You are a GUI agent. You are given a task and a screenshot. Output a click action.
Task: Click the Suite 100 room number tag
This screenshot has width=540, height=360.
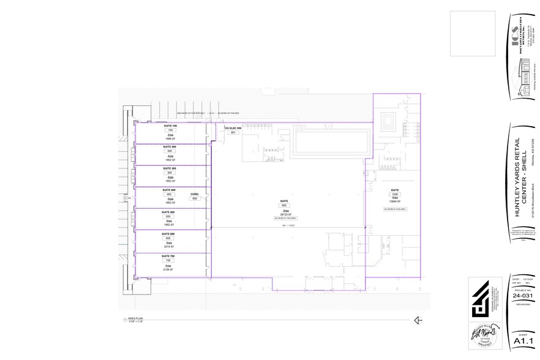click(x=171, y=130)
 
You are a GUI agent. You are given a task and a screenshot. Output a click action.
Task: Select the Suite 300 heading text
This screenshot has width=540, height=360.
click(x=170, y=168)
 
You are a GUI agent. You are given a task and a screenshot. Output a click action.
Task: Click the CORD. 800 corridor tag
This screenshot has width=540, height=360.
click(x=195, y=198)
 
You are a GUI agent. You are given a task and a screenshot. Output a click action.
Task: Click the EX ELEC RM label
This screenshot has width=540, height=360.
click(x=233, y=128)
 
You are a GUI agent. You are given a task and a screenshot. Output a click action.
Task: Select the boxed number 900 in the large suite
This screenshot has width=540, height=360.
click(x=284, y=204)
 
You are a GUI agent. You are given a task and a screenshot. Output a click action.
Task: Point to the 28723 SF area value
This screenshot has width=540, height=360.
click(x=284, y=213)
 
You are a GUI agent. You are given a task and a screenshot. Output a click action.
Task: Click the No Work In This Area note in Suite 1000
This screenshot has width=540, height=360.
click(x=395, y=209)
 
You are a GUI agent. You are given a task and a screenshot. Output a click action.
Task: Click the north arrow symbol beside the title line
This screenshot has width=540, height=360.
click(x=419, y=320)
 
